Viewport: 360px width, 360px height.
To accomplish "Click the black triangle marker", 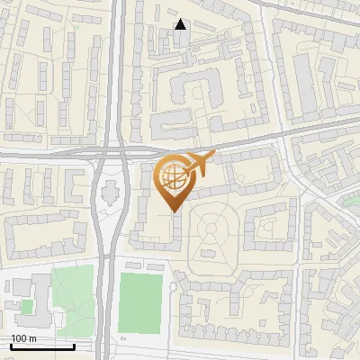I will point(181,24).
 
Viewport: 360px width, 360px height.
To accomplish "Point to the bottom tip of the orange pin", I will point(173,212).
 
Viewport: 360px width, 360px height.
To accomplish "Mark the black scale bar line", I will point(42,346).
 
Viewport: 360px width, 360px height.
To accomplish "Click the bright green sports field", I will point(140,303).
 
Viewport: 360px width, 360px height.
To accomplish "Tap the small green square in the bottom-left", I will point(26,307).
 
